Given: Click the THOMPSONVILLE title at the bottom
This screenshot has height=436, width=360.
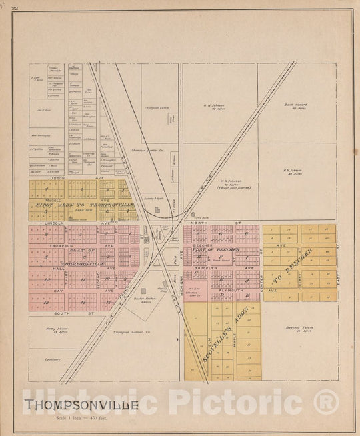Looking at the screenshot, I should pyautogui.click(x=82, y=404).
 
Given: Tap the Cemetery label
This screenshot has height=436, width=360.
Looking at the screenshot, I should pyautogui.click(x=44, y=359).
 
